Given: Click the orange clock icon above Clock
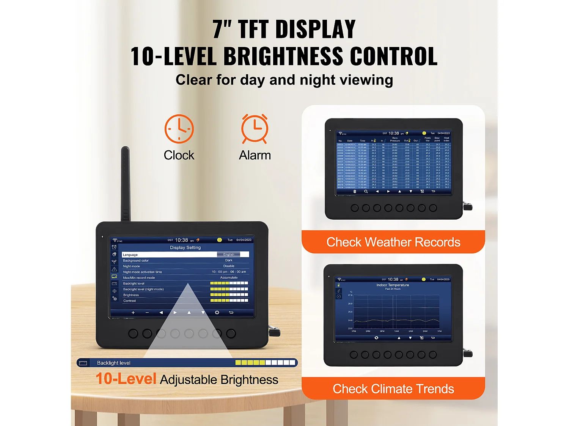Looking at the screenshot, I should pyautogui.click(x=179, y=129).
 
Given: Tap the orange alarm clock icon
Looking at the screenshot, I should pyautogui.click(x=255, y=129).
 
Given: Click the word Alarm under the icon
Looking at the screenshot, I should pyautogui.click(x=255, y=155).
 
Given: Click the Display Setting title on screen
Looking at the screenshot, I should pyautogui.click(x=185, y=248).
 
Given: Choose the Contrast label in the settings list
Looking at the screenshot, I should pyautogui.click(x=129, y=301).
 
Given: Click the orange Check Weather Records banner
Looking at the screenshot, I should pyautogui.click(x=393, y=242).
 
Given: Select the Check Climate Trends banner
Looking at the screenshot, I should pyautogui.click(x=393, y=389).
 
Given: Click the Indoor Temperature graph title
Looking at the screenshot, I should pyautogui.click(x=393, y=285).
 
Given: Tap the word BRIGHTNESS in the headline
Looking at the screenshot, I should pyautogui.click(x=283, y=56).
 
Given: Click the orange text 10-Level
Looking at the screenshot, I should pyautogui.click(x=126, y=379).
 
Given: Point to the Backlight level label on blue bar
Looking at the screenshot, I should pyautogui.click(x=113, y=363).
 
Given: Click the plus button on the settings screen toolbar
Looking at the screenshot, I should pyautogui.click(x=133, y=313).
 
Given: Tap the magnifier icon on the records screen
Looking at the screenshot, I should pyautogui.click(x=366, y=192).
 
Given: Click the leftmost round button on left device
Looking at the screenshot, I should pyautogui.click(x=133, y=334).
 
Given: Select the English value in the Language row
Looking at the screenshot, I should pyautogui.click(x=229, y=254).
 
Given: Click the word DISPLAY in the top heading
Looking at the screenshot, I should pyautogui.click(x=316, y=29).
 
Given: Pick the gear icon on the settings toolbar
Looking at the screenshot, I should pyautogui.click(x=217, y=313).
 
